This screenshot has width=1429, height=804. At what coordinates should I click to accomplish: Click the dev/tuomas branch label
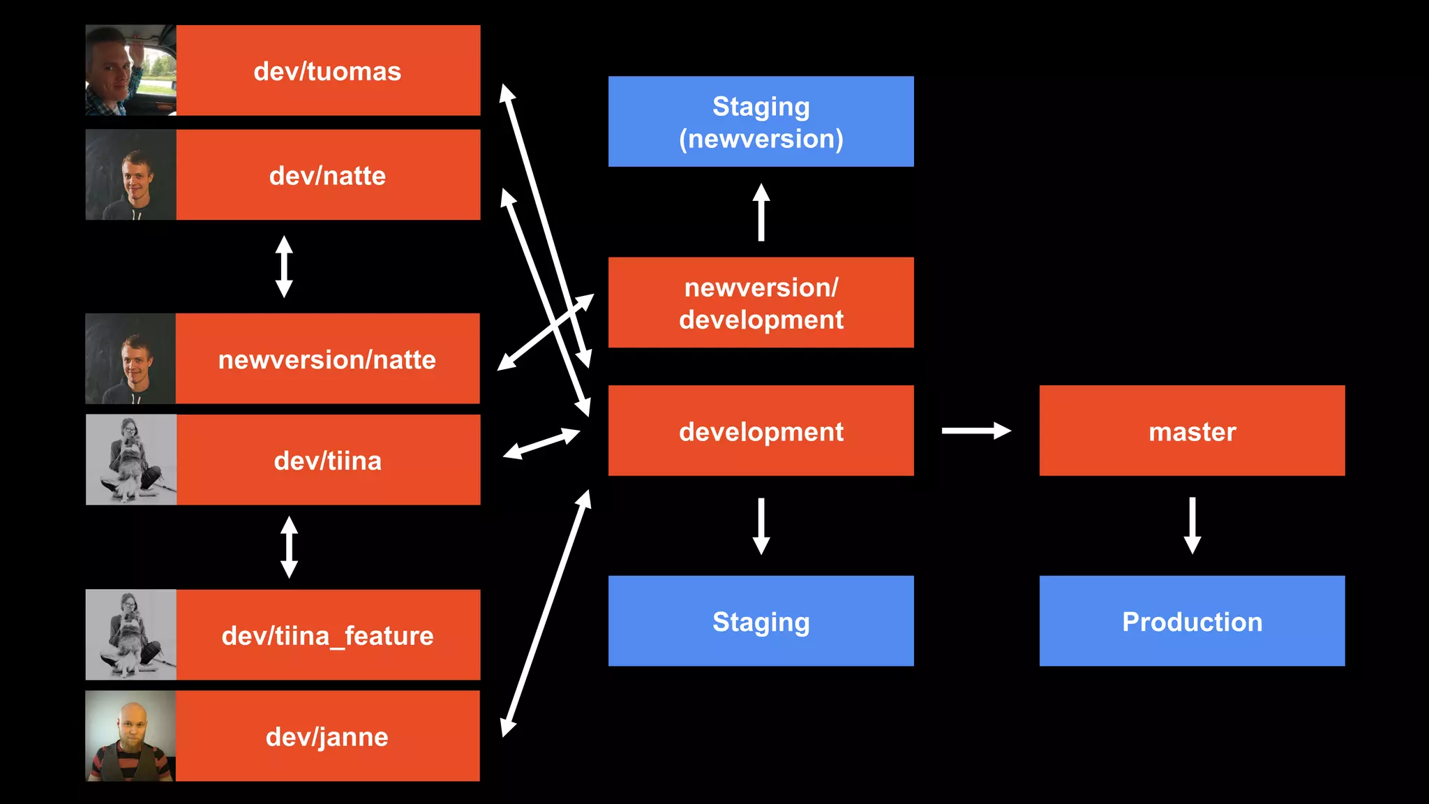point(327,71)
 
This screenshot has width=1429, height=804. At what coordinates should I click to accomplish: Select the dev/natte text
point(327,176)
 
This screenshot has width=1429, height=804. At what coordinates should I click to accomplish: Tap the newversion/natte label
point(327,359)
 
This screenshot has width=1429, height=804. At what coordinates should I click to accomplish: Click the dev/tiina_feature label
point(327,636)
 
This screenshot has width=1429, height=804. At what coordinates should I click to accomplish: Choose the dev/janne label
point(327,737)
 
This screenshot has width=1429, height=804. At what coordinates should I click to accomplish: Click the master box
point(1192,431)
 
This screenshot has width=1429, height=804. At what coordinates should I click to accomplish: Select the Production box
point(1192,621)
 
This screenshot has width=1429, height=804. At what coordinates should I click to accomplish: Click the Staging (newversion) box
point(761,121)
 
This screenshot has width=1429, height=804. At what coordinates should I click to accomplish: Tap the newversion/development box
point(761,303)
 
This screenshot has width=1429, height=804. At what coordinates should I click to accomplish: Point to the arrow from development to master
point(975,431)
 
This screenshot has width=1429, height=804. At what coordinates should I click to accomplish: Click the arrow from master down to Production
point(1192,525)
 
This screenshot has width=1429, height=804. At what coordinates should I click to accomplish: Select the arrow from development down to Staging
point(761,525)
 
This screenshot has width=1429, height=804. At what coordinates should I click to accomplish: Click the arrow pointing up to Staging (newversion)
point(761,212)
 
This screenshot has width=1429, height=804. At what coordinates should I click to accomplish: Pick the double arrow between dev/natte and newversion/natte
point(284,267)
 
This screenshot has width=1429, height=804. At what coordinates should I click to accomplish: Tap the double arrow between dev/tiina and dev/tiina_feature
point(289,546)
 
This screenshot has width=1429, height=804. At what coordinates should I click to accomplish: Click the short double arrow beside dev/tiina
point(541,444)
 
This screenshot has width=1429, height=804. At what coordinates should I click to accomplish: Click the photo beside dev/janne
point(130,736)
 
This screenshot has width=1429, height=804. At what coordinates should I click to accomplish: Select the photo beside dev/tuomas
point(130,70)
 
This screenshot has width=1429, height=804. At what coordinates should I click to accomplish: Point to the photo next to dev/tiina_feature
point(130,634)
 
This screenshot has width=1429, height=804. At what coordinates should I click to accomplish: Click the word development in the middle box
point(761,432)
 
